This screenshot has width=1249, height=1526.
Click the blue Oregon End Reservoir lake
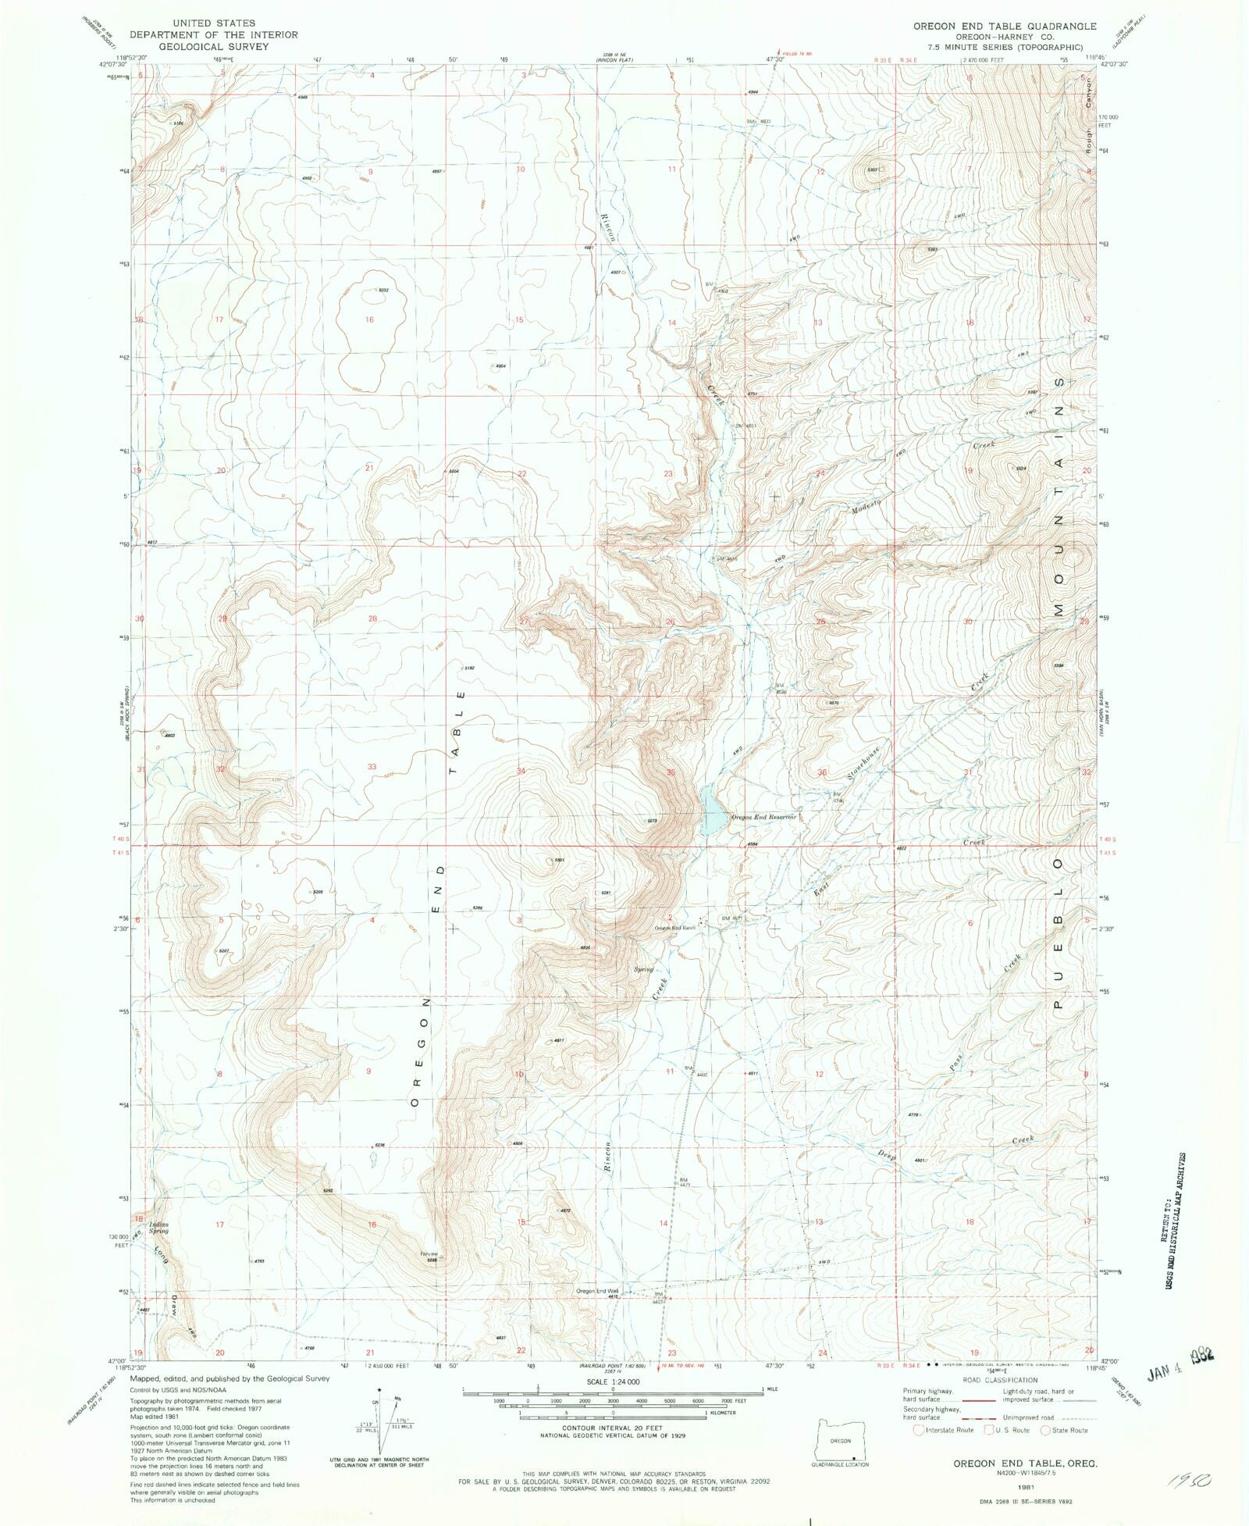click(712, 812)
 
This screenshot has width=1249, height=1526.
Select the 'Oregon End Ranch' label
click(674, 928)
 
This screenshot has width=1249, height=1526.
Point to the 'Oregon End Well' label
click(597, 1291)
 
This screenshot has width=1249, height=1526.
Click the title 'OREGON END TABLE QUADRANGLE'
click(1005, 26)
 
